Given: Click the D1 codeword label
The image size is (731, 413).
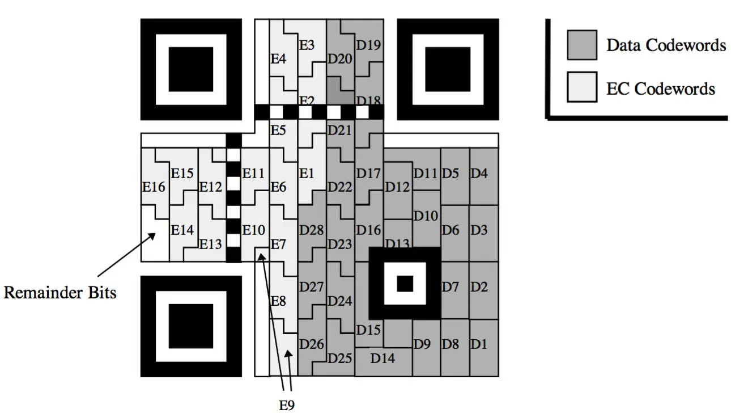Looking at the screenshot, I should tap(479, 344).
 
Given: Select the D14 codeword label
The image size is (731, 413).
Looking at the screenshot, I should tap(382, 358).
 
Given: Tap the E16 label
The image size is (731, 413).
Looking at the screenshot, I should tap(154, 187).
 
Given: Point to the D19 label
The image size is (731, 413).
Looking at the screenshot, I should tap(368, 45).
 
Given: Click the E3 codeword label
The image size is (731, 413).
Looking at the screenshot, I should tap(307, 45).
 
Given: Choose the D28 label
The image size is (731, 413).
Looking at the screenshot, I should tap(311, 230).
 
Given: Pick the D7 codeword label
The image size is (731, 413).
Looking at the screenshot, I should tap(450, 287).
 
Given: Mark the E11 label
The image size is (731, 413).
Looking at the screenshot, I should tap(253, 174).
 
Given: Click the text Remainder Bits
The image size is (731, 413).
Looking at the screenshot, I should tap(60, 292).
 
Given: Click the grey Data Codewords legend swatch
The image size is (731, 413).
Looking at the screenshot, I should tap(582, 45).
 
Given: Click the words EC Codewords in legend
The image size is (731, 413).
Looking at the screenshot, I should tap(660, 88).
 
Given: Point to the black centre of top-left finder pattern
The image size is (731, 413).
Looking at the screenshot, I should tap(191, 69).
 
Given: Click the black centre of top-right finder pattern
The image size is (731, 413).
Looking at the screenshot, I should tap(448, 69).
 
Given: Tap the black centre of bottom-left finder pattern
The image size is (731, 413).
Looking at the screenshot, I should tap(191, 326).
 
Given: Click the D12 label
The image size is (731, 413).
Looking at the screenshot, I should tap(397, 187).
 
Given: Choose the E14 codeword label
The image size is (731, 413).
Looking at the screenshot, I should tap(182, 230).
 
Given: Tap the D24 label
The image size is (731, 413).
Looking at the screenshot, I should tap(340, 301).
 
